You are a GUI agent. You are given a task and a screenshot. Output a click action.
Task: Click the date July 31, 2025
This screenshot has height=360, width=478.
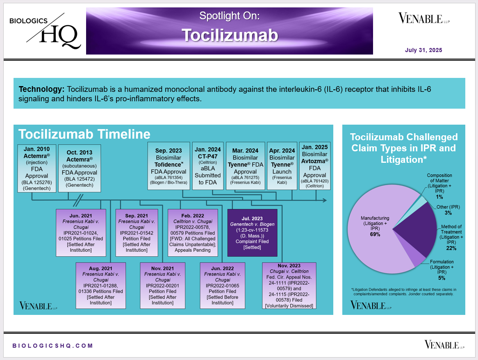click(x=423, y=50)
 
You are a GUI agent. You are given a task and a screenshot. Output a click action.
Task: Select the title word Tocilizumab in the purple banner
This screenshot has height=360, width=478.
click(x=230, y=35)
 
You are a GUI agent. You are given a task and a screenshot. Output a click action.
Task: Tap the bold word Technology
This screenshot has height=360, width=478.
click(x=41, y=89)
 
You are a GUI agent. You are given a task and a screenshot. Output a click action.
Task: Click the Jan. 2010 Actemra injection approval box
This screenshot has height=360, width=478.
click(x=36, y=168)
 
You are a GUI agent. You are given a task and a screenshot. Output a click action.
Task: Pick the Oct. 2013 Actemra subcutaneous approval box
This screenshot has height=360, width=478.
click(x=79, y=168)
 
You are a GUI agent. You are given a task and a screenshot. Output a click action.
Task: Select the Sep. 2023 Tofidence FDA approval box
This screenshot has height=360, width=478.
click(x=168, y=166)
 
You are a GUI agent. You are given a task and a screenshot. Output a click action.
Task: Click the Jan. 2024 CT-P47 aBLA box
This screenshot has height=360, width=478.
click(x=207, y=166)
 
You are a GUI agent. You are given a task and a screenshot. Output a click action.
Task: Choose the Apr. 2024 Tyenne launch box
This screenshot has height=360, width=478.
click(x=282, y=166)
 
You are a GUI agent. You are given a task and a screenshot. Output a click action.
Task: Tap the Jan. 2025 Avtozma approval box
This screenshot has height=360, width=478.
click(x=314, y=166)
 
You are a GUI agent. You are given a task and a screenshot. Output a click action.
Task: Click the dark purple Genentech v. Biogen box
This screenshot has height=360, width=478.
click(x=253, y=232)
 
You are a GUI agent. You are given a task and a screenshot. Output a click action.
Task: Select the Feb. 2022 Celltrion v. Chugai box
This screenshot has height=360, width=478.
click(x=193, y=232)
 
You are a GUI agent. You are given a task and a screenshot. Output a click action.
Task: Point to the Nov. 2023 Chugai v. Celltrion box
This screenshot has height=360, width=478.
click(x=289, y=286)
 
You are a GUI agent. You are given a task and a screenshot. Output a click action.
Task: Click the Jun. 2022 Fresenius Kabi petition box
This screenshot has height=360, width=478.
click(x=223, y=286)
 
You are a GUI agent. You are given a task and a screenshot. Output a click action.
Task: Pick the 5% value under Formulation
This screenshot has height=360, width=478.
click(x=442, y=278)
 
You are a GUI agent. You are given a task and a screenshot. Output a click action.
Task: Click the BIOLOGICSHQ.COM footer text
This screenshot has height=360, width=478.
click(x=52, y=346)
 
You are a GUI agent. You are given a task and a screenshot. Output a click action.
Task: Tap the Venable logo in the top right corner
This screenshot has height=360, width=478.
click(x=424, y=18)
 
